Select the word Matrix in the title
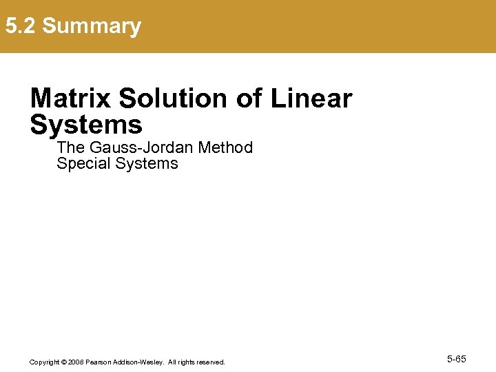pos(71,99)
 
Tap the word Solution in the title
pos(174,99)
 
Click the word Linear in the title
pos(311,99)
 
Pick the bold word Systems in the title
pos(86,125)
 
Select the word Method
pos(225,147)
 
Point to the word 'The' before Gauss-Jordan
pos(70,147)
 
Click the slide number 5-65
pos(457,359)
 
